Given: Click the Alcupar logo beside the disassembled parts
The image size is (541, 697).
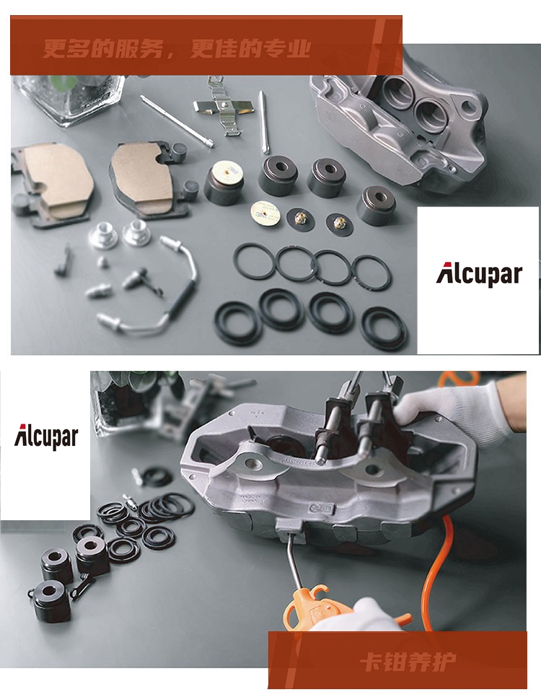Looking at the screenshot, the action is pyautogui.click(x=479, y=274).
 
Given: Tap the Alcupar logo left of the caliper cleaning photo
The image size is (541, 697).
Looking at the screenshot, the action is pyautogui.click(x=46, y=437).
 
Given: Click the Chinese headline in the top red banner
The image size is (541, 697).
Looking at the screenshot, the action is pyautogui.click(x=177, y=48).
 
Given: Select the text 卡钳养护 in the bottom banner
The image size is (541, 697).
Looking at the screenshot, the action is pyautogui.click(x=408, y=662).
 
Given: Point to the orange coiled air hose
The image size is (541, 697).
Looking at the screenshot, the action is pyautogui.click(x=434, y=574).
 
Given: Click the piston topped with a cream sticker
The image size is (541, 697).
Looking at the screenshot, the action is pyautogui.click(x=225, y=183).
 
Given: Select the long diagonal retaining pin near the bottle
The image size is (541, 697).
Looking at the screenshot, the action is pyautogui.click(x=177, y=120).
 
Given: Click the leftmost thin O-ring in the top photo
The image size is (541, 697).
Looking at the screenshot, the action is pyautogui.click(x=255, y=261).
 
